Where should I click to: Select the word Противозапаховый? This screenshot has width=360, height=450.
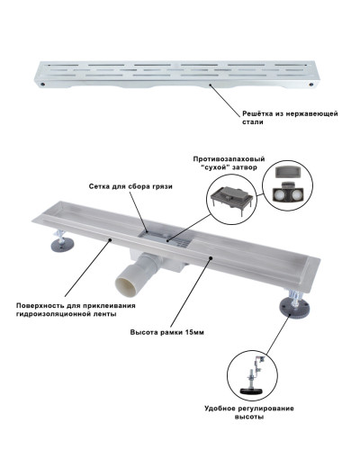click(229, 159)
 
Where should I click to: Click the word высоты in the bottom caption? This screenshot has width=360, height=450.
click(249, 417)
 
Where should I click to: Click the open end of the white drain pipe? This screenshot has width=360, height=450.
click(127, 284)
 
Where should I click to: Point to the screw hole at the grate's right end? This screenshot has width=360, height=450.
click(312, 85)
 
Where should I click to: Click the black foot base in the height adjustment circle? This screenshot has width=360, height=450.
click(252, 391)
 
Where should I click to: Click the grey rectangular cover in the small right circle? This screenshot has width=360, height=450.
click(287, 173)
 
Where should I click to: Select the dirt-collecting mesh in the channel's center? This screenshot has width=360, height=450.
click(165, 238)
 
